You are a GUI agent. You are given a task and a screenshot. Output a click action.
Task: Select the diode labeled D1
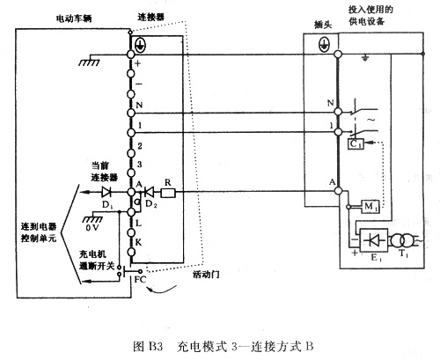(x=106, y=191)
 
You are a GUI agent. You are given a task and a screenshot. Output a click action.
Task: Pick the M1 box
(x=370, y=206)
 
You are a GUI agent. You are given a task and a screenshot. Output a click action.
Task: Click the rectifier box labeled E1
(x=375, y=240)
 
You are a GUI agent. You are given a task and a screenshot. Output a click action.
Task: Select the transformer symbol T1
(x=406, y=240)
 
